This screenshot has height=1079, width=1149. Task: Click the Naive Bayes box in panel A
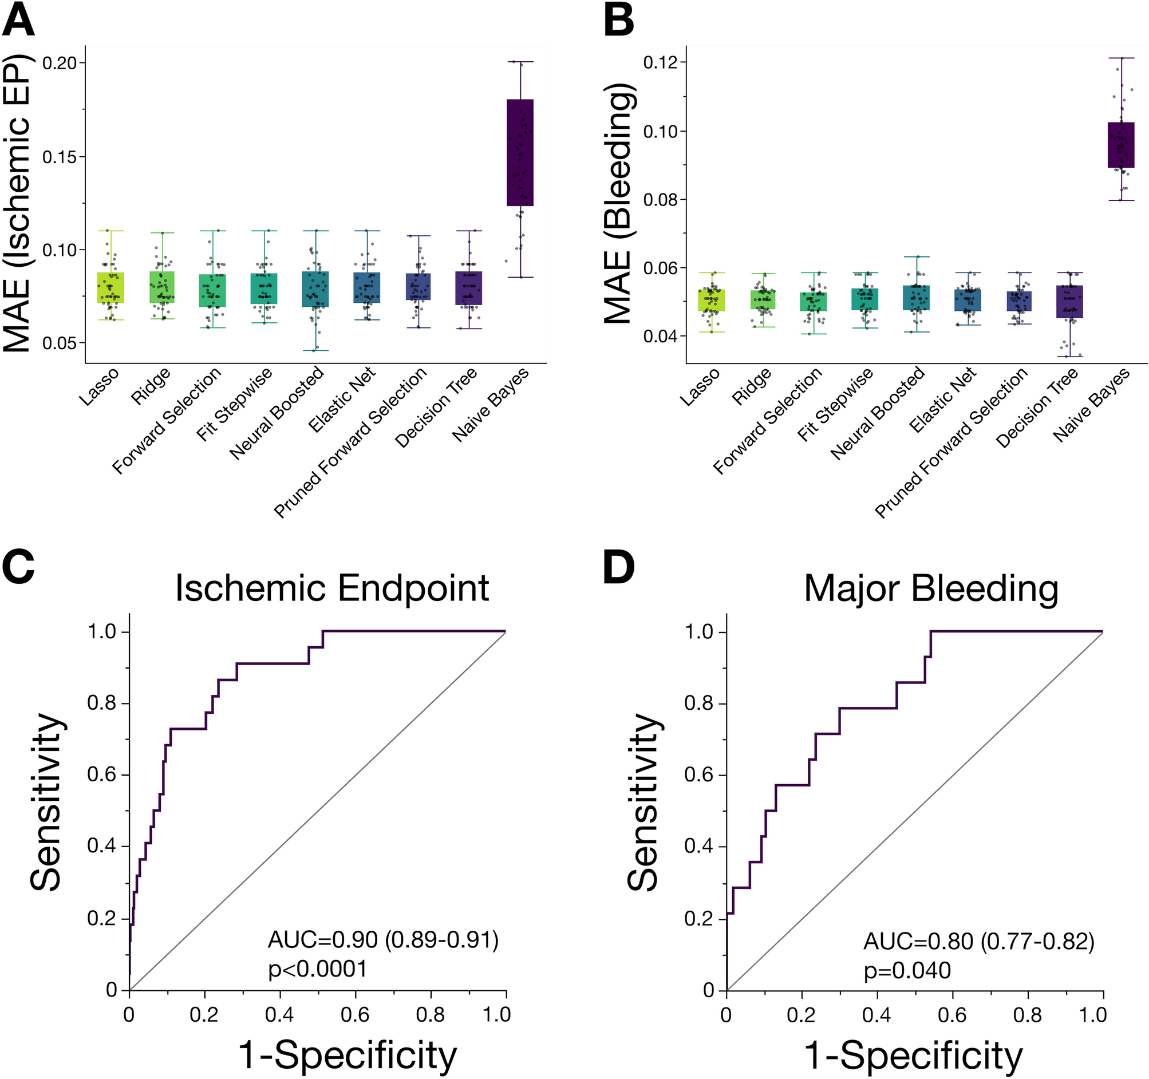coord(520,153)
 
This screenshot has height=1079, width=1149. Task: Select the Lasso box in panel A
coord(110,287)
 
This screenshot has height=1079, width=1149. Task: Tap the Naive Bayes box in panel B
coord(1121,144)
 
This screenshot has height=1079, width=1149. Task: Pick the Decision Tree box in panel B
coord(1069,301)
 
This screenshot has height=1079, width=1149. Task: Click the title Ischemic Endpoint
coord(331,588)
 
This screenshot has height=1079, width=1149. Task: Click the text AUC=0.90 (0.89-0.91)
coord(382,940)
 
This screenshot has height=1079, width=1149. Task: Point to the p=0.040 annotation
coord(907,970)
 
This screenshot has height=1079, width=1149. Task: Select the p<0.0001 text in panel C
coord(317,969)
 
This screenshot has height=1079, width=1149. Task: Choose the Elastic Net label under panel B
coord(943,400)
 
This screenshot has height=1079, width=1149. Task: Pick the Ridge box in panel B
coord(763,299)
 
